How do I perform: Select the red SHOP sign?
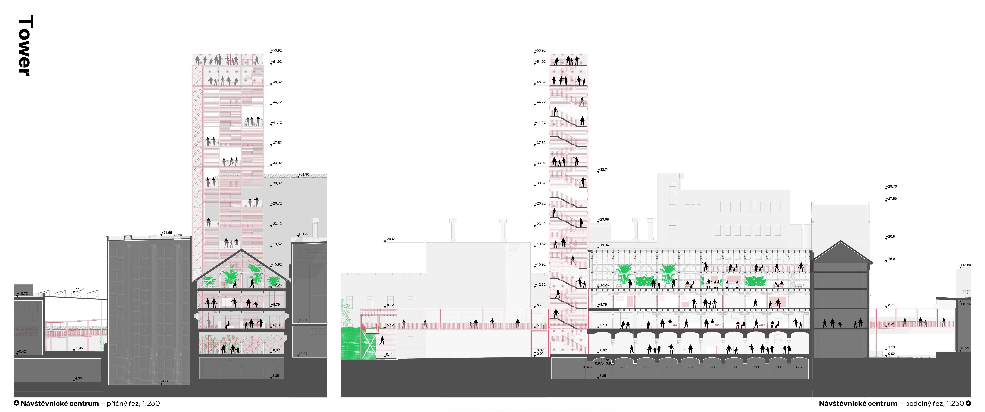718,325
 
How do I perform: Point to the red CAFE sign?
762,325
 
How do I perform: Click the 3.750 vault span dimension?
799,367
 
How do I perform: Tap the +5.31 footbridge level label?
891,324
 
